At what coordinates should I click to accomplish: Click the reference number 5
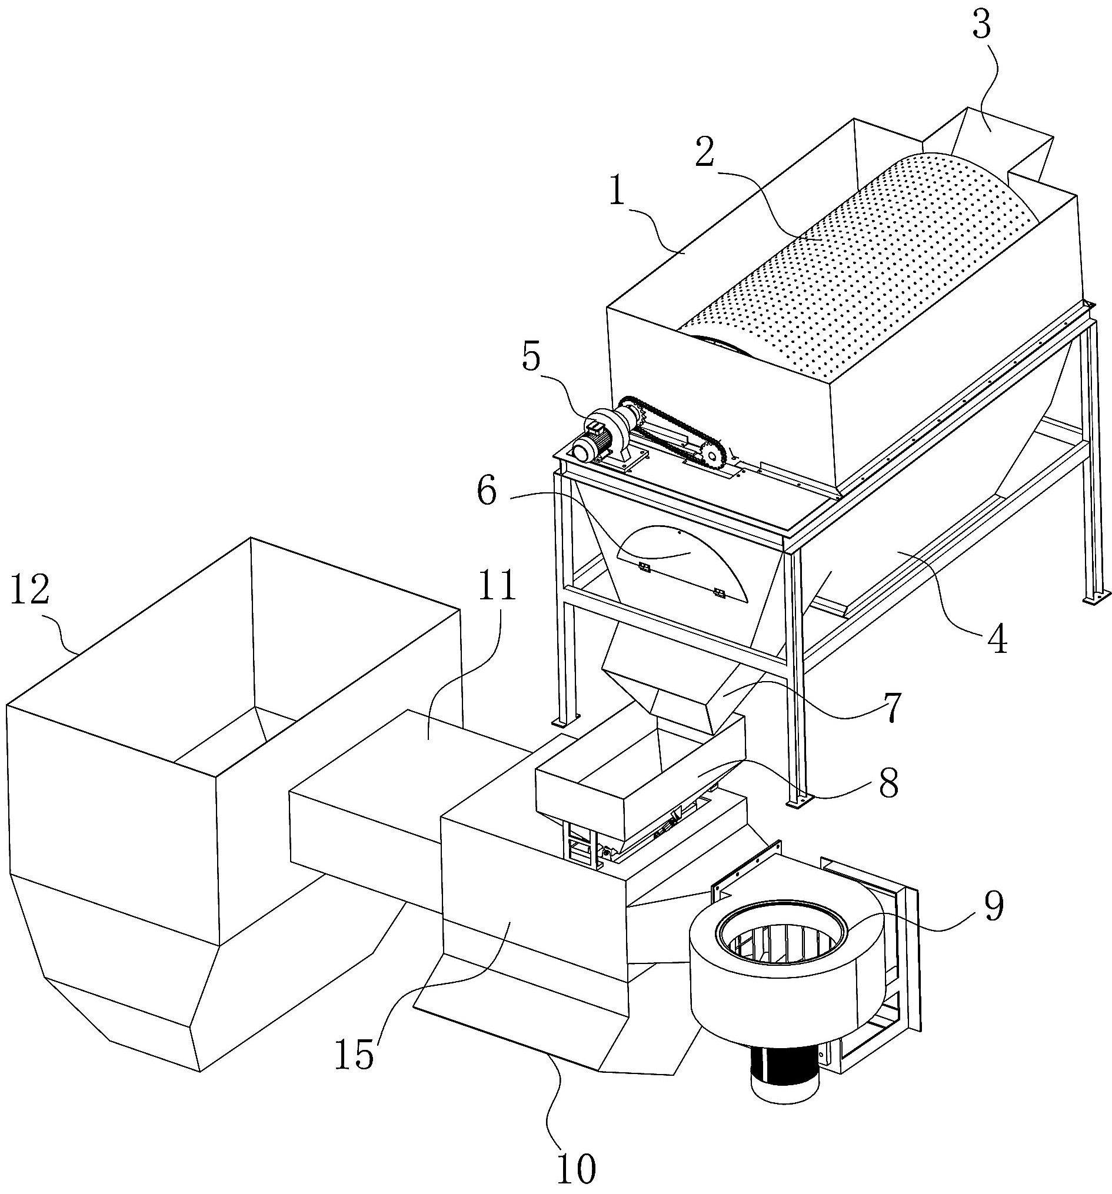tap(531, 358)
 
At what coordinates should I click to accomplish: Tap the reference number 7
tap(891, 708)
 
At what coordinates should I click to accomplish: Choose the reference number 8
tap(888, 783)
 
